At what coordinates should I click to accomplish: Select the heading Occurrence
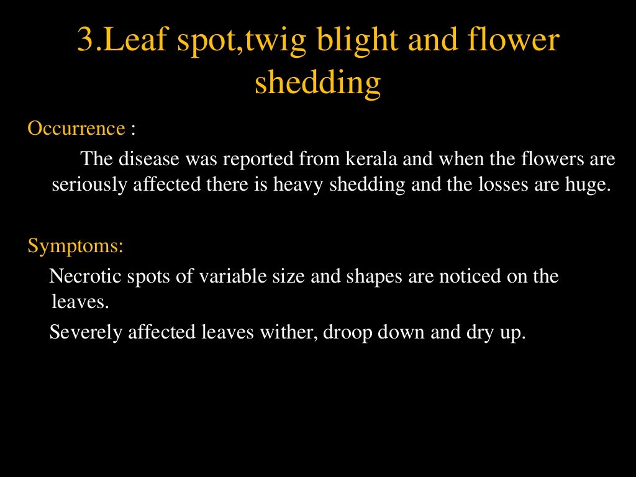coord(76,129)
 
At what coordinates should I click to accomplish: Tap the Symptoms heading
coord(75,245)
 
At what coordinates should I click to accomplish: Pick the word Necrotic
coord(88,276)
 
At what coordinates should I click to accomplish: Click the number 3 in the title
coord(85,41)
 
